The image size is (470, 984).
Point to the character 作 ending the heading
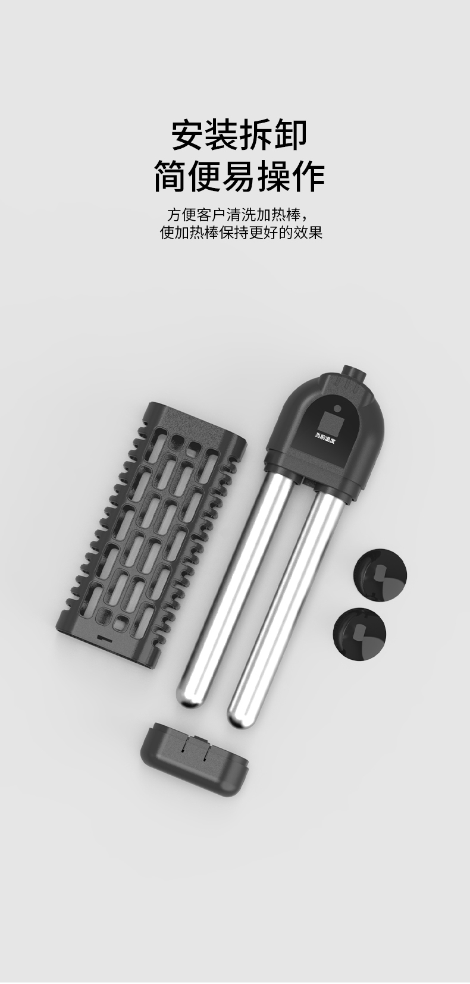tap(308, 176)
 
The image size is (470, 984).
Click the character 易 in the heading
tap(239, 176)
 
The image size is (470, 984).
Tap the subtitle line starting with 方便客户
tap(236, 216)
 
